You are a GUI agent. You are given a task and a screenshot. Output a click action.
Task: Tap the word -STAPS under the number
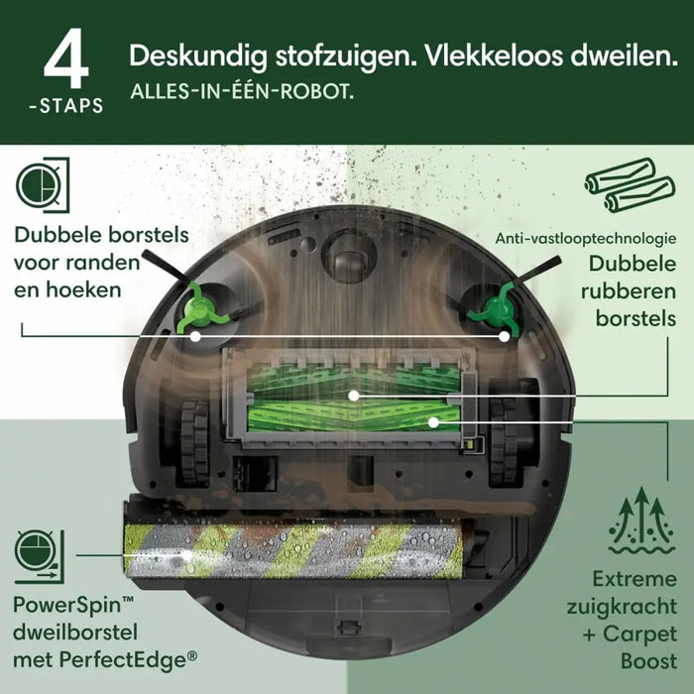coord(65,105)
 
